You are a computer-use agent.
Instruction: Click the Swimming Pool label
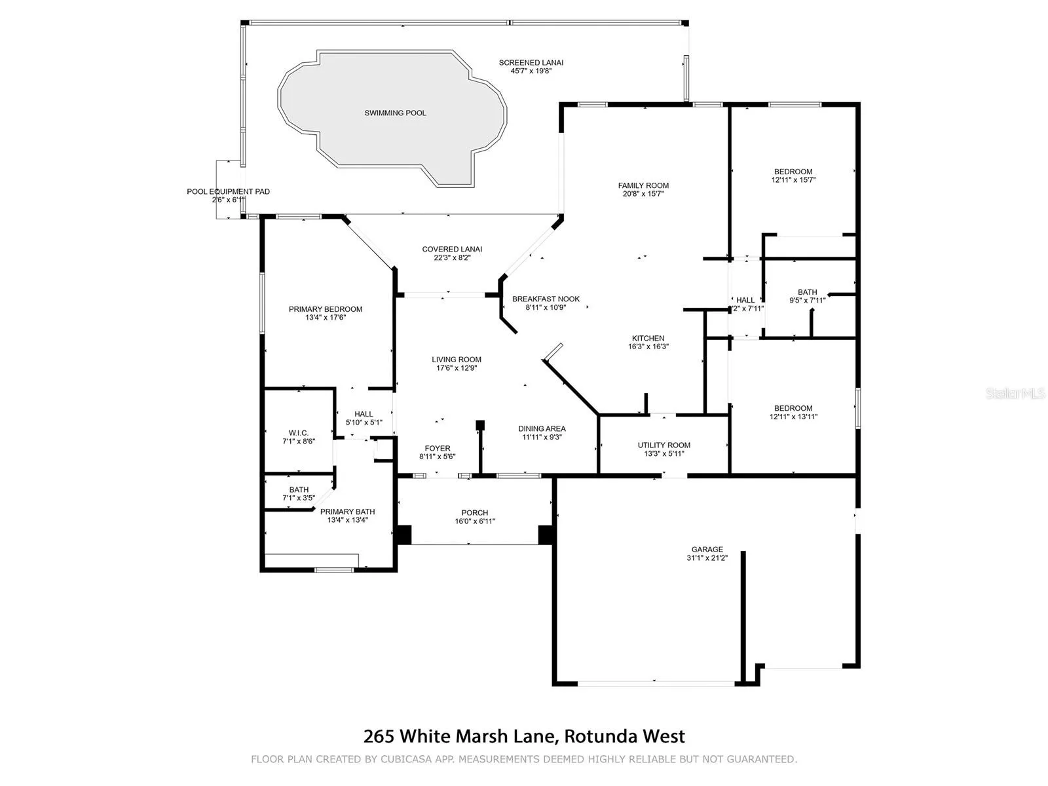click(x=395, y=113)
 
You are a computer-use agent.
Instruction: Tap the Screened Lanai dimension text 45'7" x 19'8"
click(x=531, y=71)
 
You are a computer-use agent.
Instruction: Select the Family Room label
click(x=643, y=185)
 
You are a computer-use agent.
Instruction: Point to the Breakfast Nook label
click(x=546, y=299)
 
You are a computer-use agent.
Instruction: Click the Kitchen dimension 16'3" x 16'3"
click(x=648, y=346)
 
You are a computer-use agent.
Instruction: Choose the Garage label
click(x=707, y=550)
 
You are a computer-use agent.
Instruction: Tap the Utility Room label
click(x=664, y=445)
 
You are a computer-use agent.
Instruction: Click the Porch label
click(x=475, y=513)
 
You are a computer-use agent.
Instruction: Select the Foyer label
click(x=438, y=448)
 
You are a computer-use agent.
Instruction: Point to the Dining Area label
click(x=542, y=428)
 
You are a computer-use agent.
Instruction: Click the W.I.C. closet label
click(x=299, y=433)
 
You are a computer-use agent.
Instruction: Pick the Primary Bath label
click(x=347, y=512)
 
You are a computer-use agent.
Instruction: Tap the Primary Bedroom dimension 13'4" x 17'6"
click(x=326, y=318)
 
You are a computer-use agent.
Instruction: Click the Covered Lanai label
click(x=452, y=249)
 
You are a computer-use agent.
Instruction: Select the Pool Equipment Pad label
click(x=228, y=191)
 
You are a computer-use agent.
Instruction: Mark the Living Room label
click(x=457, y=360)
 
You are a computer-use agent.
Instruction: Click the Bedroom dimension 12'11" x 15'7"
click(x=793, y=180)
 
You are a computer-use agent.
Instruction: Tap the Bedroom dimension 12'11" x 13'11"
click(x=793, y=417)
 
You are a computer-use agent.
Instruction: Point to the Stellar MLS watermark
click(x=1015, y=393)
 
